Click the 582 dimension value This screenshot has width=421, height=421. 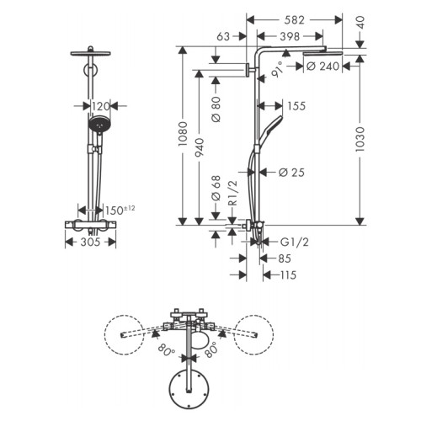[294, 20]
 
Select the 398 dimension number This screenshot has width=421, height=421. [290, 36]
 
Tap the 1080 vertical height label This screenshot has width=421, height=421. [183, 134]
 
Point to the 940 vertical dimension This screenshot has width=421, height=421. [199, 147]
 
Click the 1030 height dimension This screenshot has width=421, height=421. [360, 139]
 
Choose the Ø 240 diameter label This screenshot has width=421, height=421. [322, 67]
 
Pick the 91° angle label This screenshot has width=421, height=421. [277, 70]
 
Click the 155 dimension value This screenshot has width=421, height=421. [296, 106]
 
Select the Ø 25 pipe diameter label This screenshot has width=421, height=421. [291, 173]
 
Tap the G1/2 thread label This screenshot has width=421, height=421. [295, 242]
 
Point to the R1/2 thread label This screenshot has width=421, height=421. [233, 193]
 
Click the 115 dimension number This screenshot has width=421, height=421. [288, 275]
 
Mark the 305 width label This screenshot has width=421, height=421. [90, 242]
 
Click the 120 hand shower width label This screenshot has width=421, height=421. [100, 106]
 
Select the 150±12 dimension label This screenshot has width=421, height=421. [120, 210]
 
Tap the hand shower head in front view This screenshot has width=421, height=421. [99, 124]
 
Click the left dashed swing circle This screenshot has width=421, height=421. [124, 334]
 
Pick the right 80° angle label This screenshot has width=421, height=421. [211, 349]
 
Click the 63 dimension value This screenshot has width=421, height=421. [223, 36]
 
